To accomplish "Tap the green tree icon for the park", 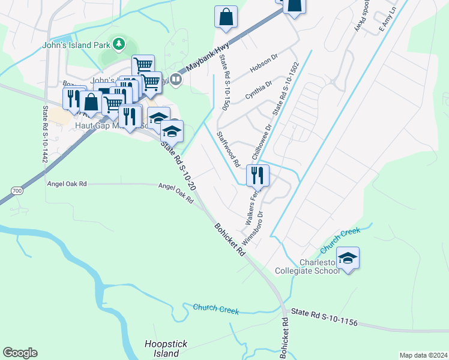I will pos(119,43).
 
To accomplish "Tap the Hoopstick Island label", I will pos(166,348).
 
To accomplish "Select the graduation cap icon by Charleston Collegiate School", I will pos(348,258).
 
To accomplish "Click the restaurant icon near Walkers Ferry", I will pos(258,175).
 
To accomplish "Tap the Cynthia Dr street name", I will pos(259,89).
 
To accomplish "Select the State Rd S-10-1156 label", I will pos(324,317).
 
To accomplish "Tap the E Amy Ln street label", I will pos(390,20).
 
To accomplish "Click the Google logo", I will pos(20,353).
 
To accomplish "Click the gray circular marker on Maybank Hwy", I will pos(176,79).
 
